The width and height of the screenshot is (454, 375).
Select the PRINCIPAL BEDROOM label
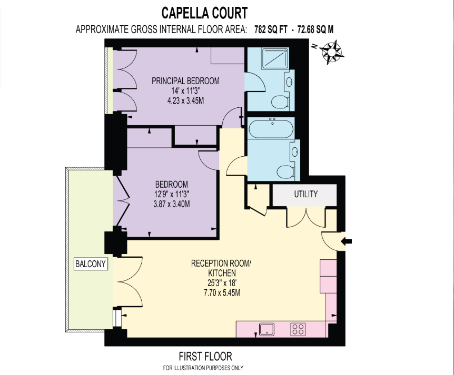pyautogui.click(x=185, y=81)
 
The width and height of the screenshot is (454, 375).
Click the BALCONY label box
pyautogui.click(x=91, y=263)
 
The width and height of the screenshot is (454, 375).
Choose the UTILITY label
pyautogui.click(x=305, y=194)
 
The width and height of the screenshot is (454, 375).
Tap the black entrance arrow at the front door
pyautogui.click(x=348, y=241)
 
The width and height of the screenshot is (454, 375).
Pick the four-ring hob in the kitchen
pyautogui.click(x=298, y=330)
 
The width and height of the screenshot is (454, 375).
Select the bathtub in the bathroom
pyautogui.click(x=272, y=128)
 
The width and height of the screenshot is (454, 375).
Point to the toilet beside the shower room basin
pyautogui.click(x=279, y=101)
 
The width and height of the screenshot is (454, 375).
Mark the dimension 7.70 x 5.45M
pyautogui.click(x=219, y=293)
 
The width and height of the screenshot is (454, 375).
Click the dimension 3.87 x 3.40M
pyautogui.click(x=171, y=204)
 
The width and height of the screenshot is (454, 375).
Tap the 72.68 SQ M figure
pyautogui.click(x=315, y=29)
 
